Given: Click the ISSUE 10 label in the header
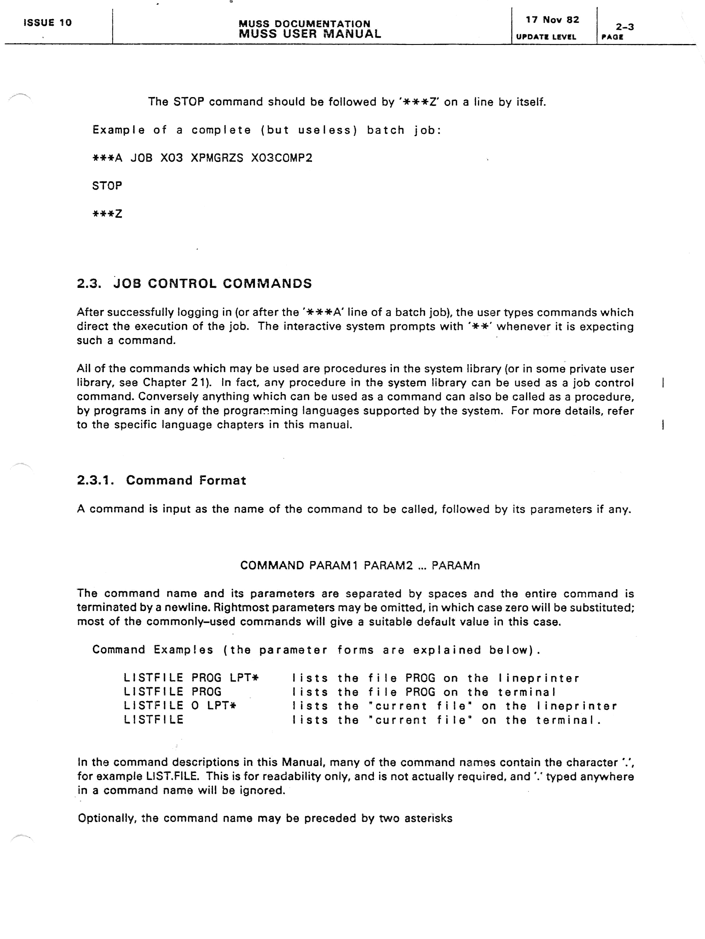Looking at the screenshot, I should pyautogui.click(x=48, y=23).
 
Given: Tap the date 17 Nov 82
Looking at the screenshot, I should pyautogui.click(x=552, y=20).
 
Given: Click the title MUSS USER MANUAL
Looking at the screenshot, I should pyautogui.click(x=310, y=34).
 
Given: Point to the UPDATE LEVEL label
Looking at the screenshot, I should pyautogui.click(x=546, y=37).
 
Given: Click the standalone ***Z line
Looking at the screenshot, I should pyautogui.click(x=107, y=214).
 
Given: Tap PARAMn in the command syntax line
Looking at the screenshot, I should pyautogui.click(x=456, y=565).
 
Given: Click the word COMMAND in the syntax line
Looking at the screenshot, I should pyautogui.click(x=272, y=565).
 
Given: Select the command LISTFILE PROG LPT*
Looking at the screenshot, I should pyautogui.click(x=191, y=678).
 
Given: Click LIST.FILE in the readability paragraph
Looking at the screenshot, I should pyautogui.click(x=172, y=776).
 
